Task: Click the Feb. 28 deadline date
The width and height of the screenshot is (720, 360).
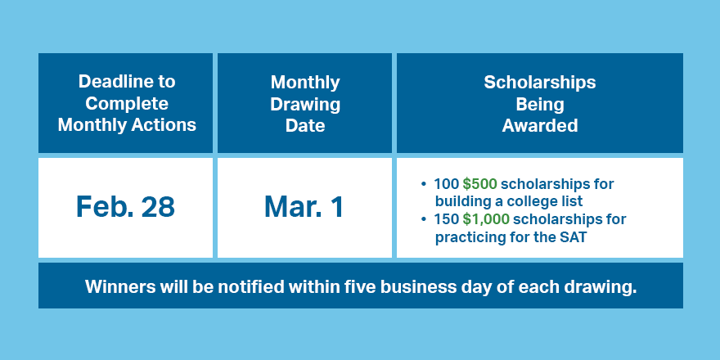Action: click(125, 207)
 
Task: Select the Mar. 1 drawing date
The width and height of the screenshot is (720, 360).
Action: click(304, 207)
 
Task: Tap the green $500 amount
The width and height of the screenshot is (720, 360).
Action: click(479, 184)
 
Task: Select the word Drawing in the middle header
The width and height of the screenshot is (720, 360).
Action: click(305, 104)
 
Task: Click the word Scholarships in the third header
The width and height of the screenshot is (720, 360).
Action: click(539, 82)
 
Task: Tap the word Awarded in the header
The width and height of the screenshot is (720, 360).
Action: click(540, 125)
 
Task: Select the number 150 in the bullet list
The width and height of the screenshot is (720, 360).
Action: click(446, 219)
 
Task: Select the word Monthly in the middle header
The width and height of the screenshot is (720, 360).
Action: click(305, 82)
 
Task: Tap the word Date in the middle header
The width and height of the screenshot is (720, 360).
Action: click(305, 125)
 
